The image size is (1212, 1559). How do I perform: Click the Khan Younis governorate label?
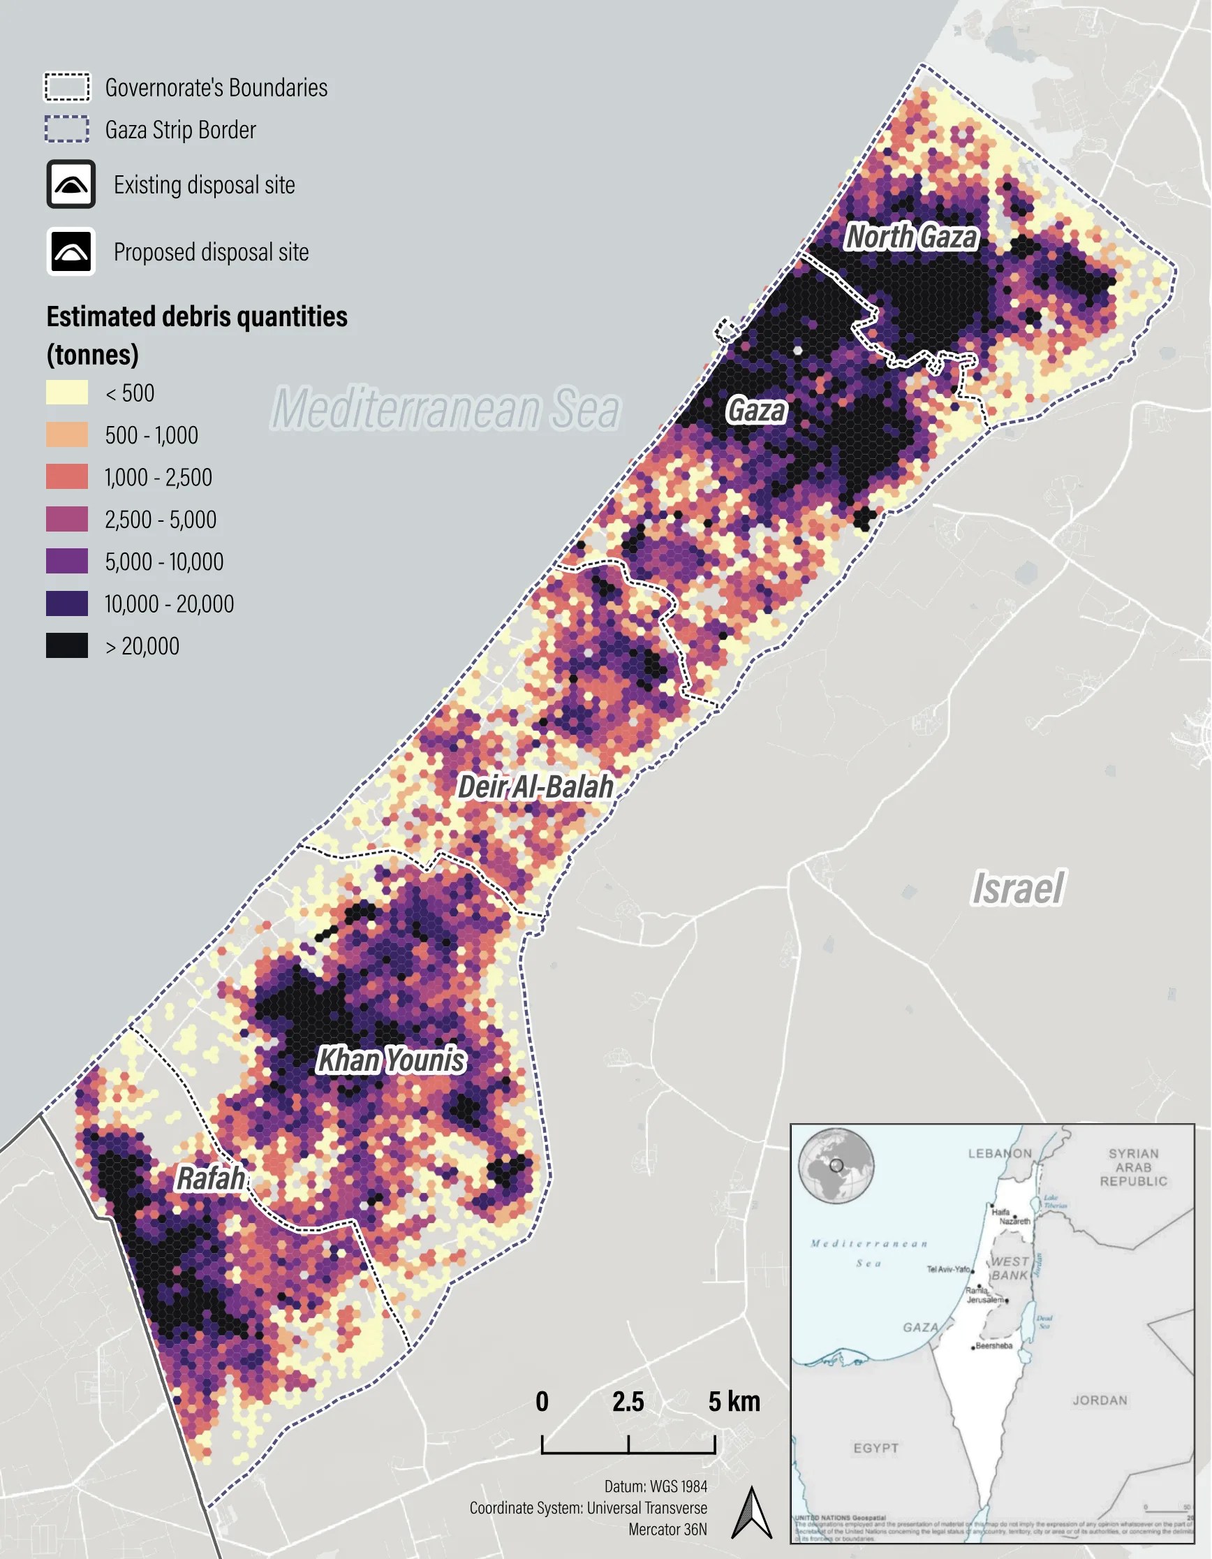point(391,1060)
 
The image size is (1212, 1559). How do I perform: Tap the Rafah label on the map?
point(210,1178)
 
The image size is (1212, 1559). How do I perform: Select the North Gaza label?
point(911,237)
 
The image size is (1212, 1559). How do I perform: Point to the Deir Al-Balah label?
point(535,786)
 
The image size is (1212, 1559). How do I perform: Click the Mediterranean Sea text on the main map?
point(446,409)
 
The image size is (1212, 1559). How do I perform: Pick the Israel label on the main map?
point(1018,888)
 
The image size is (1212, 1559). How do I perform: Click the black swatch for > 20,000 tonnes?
point(67,645)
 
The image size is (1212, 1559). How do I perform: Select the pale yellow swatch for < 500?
point(67,393)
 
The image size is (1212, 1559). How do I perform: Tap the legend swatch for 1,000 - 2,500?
point(67,477)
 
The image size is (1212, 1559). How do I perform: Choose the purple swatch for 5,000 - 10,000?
point(67,561)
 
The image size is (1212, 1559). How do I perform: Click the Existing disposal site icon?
point(71,185)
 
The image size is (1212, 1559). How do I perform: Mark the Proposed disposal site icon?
point(71,252)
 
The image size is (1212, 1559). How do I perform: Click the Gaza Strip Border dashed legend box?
point(67,129)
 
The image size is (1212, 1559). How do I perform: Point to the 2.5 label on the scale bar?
point(628,1402)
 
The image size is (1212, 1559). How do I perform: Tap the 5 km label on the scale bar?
point(734,1402)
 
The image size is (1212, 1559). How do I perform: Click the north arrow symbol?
point(752,1513)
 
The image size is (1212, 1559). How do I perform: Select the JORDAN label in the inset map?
point(1100,1400)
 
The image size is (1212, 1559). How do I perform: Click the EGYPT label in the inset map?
point(876,1449)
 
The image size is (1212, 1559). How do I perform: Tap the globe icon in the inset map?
point(836,1166)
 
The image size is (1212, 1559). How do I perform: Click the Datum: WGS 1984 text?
point(656,1487)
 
